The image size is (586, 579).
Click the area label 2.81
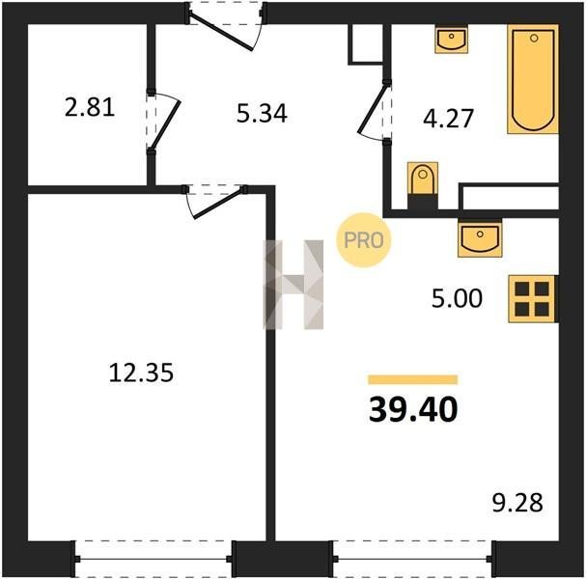point(90,107)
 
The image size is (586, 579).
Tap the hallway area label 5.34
point(262,113)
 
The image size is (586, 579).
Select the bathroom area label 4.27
point(448,119)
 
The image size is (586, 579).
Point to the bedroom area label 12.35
point(141,372)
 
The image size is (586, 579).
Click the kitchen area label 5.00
point(457,298)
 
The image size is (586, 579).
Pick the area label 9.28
point(517,503)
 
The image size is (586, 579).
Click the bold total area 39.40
point(413,409)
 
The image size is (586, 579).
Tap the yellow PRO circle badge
point(364,240)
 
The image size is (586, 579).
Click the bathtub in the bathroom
point(533,79)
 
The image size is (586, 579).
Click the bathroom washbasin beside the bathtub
point(452,39)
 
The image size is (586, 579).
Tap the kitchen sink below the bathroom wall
point(480,237)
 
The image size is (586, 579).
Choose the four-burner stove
point(533,299)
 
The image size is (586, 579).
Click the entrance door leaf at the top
point(220,32)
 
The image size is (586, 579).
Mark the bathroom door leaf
point(372,109)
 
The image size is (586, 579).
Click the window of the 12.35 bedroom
point(153,559)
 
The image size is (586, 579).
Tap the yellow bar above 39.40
point(413,379)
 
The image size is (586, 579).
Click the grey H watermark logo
point(293,285)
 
